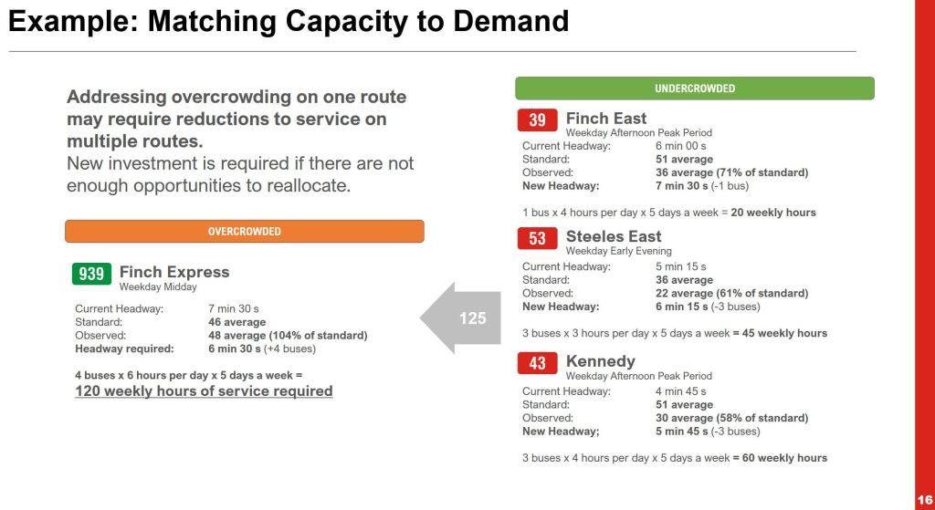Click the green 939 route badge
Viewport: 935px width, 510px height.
coord(91,274)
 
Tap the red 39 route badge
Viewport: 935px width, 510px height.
coord(537,120)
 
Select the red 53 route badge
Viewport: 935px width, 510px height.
coord(537,238)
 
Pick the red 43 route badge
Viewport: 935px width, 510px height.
coord(537,363)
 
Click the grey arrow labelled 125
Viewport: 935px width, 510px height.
coord(460,317)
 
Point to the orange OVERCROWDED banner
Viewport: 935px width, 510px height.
coord(245,231)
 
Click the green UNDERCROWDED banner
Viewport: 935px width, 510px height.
coord(695,88)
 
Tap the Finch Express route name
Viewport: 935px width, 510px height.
coord(174,272)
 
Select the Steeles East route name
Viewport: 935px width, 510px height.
coord(614,236)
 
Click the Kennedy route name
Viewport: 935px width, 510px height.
coord(601,361)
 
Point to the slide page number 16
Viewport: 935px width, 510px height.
coord(925,500)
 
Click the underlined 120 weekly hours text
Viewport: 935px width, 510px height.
coord(204,390)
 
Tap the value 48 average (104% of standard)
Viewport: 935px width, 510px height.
coord(288,336)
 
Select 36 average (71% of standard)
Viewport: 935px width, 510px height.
coord(732,172)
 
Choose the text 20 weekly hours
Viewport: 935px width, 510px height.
coord(773,212)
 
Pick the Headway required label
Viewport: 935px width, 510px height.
coord(124,349)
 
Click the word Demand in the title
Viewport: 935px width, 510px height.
coord(511,22)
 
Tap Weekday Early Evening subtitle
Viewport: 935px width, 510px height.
coord(619,251)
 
